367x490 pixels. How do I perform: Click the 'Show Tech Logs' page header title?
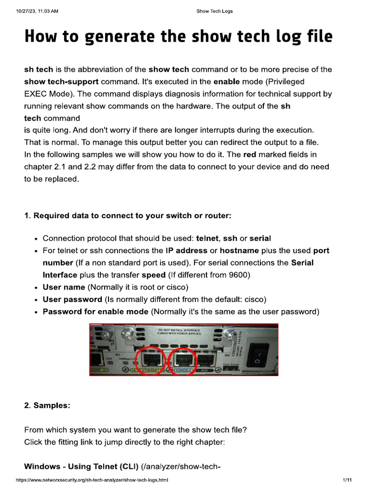pos(215,11)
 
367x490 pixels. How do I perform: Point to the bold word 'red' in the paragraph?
pos(250,155)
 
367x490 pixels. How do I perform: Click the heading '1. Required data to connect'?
pos(128,215)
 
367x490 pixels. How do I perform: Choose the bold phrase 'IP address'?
pos(186,251)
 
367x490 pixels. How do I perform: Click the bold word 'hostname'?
pos(239,251)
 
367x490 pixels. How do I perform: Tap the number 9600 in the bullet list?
pos(240,275)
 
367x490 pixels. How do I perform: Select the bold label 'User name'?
pos(64,287)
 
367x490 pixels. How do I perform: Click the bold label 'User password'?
pos(73,300)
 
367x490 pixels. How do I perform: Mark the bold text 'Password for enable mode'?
pos(96,312)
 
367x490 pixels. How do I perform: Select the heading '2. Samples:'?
pos(47,405)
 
